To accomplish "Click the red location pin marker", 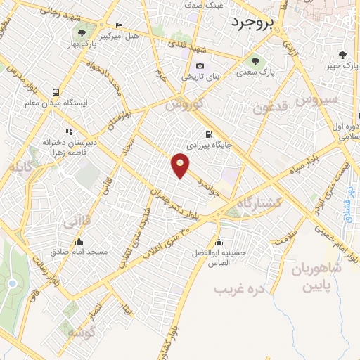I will (x=181, y=165).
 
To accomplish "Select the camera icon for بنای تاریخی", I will (x=200, y=65).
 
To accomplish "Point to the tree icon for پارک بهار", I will (x=83, y=32).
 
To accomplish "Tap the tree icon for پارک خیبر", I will (x=342, y=55).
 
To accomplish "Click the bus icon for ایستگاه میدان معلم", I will (x=56, y=92).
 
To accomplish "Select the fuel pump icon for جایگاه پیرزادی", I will (x=207, y=134).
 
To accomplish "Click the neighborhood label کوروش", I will (x=184, y=105).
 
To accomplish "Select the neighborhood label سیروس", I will (x=316, y=100).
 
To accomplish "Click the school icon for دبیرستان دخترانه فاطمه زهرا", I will (x=69, y=131).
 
